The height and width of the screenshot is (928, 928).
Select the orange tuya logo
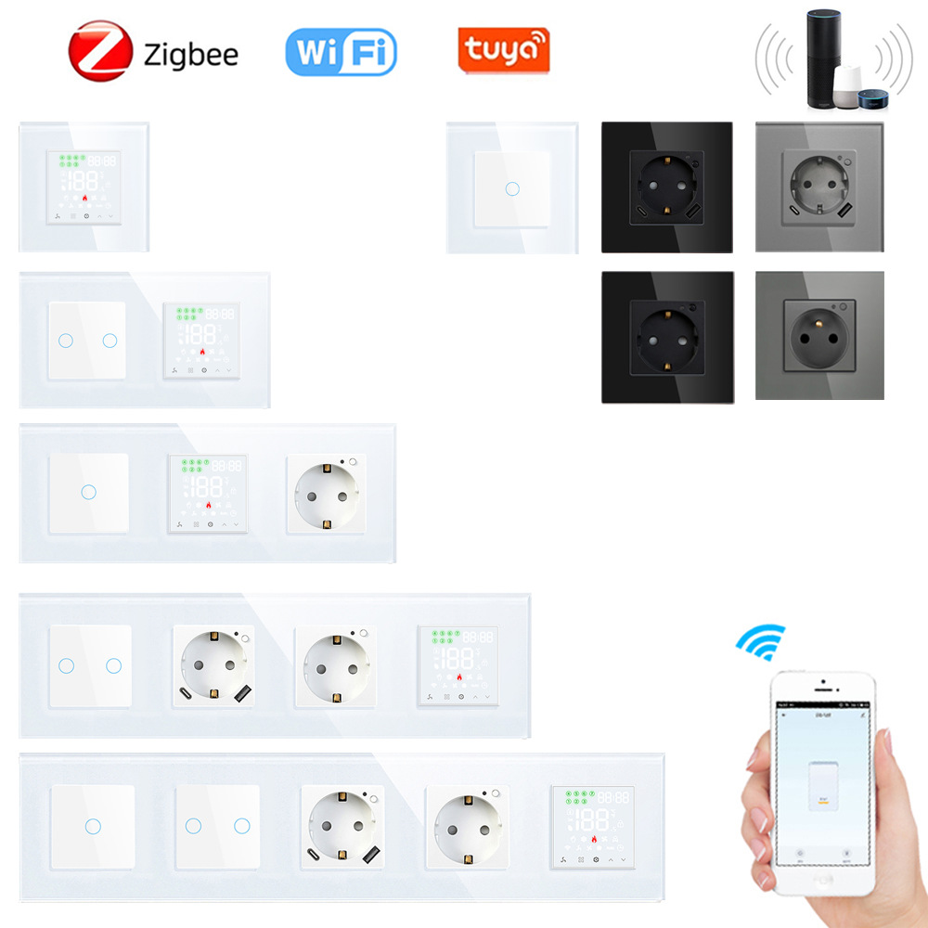coord(504,49)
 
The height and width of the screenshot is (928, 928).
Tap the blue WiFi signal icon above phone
coord(760,641)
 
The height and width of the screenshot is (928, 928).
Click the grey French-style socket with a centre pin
coord(819,335)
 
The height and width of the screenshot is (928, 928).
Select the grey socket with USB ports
coord(818,187)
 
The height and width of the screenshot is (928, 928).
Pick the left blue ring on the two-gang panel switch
coord(65,340)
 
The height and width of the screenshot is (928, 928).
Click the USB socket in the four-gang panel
coord(213,664)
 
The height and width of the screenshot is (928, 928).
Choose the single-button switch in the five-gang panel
coord(92,826)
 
